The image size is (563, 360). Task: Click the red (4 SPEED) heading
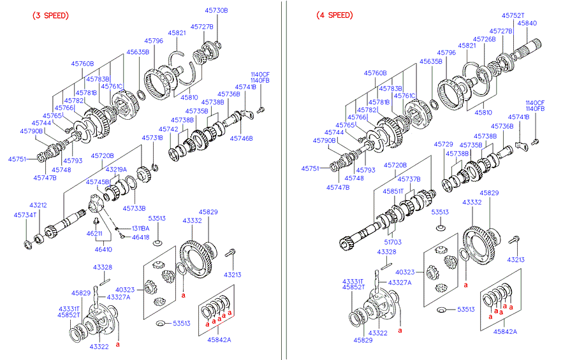pyautogui.click(x=333, y=15)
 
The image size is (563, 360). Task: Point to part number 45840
pyautogui.click(x=527, y=23)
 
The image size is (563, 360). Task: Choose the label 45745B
pyautogui.click(x=99, y=182)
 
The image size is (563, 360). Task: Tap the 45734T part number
pyautogui.click(x=25, y=215)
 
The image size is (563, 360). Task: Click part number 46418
pyautogui.click(x=141, y=237)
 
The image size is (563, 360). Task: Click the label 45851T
pyautogui.click(x=393, y=191)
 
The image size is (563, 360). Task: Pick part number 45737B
pyautogui.click(x=409, y=178)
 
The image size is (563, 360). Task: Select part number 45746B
pyautogui.click(x=242, y=138)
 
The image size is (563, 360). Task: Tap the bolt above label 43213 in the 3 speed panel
pyautogui.click(x=233, y=254)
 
